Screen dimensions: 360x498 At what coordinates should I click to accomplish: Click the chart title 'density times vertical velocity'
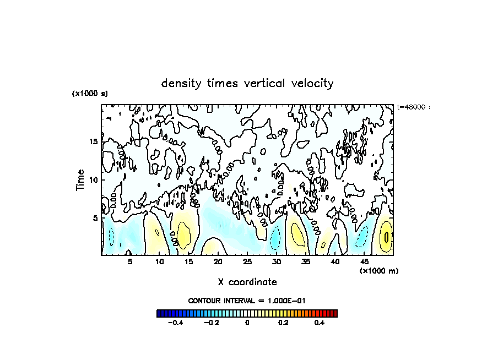click(247, 84)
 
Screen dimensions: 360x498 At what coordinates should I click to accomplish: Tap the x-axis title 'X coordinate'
click(247, 282)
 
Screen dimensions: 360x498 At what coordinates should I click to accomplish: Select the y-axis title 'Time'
click(80, 180)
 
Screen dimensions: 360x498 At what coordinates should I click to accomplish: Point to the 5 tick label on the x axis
click(130, 261)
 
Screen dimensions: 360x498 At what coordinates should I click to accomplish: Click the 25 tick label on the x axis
click(247, 261)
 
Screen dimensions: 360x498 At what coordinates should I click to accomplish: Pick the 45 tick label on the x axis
click(364, 261)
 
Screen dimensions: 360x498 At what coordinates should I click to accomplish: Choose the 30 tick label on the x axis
click(277, 261)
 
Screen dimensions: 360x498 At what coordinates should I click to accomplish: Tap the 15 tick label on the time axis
click(94, 142)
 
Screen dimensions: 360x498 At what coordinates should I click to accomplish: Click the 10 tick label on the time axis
click(94, 180)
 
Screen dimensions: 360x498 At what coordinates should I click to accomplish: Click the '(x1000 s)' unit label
click(90, 94)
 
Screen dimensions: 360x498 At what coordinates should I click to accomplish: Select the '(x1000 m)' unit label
click(379, 271)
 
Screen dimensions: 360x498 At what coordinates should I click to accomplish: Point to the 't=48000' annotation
click(412, 107)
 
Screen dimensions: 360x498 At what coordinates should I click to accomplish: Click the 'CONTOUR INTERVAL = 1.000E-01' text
click(247, 301)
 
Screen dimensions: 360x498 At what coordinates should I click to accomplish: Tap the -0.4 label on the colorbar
click(175, 323)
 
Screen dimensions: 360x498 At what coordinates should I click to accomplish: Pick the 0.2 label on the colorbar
click(283, 323)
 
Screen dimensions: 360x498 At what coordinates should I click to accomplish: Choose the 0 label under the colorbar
click(247, 323)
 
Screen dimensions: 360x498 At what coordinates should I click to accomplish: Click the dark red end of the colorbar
click(334, 314)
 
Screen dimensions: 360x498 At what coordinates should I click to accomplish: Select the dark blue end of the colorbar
click(159, 314)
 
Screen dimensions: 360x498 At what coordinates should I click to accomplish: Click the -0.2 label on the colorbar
click(211, 323)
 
